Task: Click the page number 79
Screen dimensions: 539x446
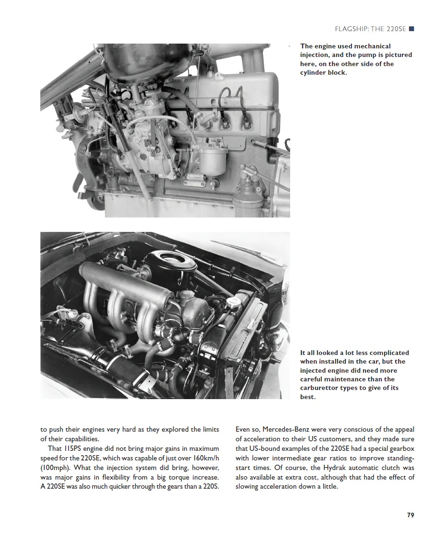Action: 410,515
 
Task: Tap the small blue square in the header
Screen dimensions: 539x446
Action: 411,29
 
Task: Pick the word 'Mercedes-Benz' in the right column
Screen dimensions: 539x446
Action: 286,429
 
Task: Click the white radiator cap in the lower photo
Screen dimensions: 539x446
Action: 233,302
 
